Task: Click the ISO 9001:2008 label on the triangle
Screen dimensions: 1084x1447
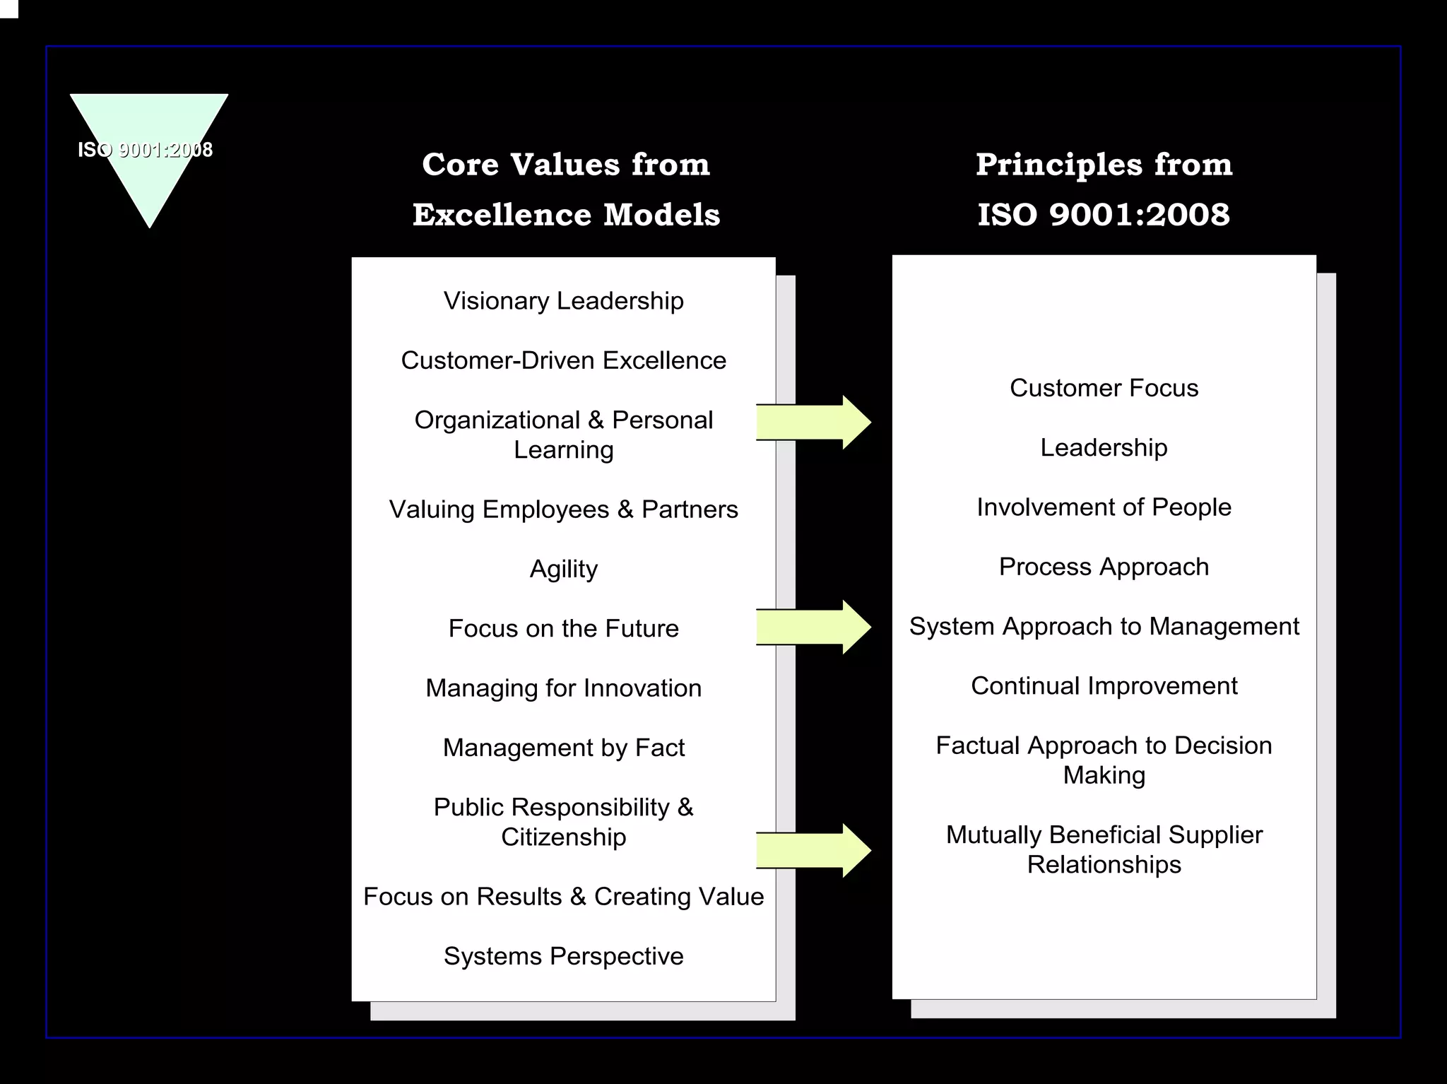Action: [x=145, y=150]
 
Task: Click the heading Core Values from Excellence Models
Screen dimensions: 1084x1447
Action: [x=566, y=189]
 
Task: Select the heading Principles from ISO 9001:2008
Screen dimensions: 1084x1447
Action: [x=1104, y=189]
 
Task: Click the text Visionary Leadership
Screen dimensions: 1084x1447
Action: [x=563, y=301]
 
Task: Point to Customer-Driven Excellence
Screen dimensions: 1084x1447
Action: [x=563, y=360]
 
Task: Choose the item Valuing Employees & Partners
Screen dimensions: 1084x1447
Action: [x=563, y=509]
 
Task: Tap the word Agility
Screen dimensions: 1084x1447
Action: [x=563, y=569]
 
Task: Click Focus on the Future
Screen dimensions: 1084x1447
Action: [x=563, y=628]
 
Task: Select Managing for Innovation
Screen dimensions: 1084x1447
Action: [x=563, y=688]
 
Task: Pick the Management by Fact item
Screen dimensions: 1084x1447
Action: [x=563, y=748]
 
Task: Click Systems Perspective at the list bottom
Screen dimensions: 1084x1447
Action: [x=563, y=956]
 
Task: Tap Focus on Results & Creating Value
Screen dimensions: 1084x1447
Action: [x=563, y=897]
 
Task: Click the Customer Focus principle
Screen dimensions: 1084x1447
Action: [x=1104, y=388]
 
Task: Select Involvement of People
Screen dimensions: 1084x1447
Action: [x=1104, y=507]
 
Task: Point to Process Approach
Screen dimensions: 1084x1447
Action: [x=1104, y=567]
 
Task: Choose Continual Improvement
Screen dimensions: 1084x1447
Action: [x=1104, y=686]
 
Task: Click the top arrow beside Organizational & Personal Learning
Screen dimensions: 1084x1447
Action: [x=813, y=423]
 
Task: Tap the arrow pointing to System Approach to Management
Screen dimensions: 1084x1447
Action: [x=813, y=627]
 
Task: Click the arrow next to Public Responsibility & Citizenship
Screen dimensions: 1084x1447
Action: [x=813, y=851]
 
